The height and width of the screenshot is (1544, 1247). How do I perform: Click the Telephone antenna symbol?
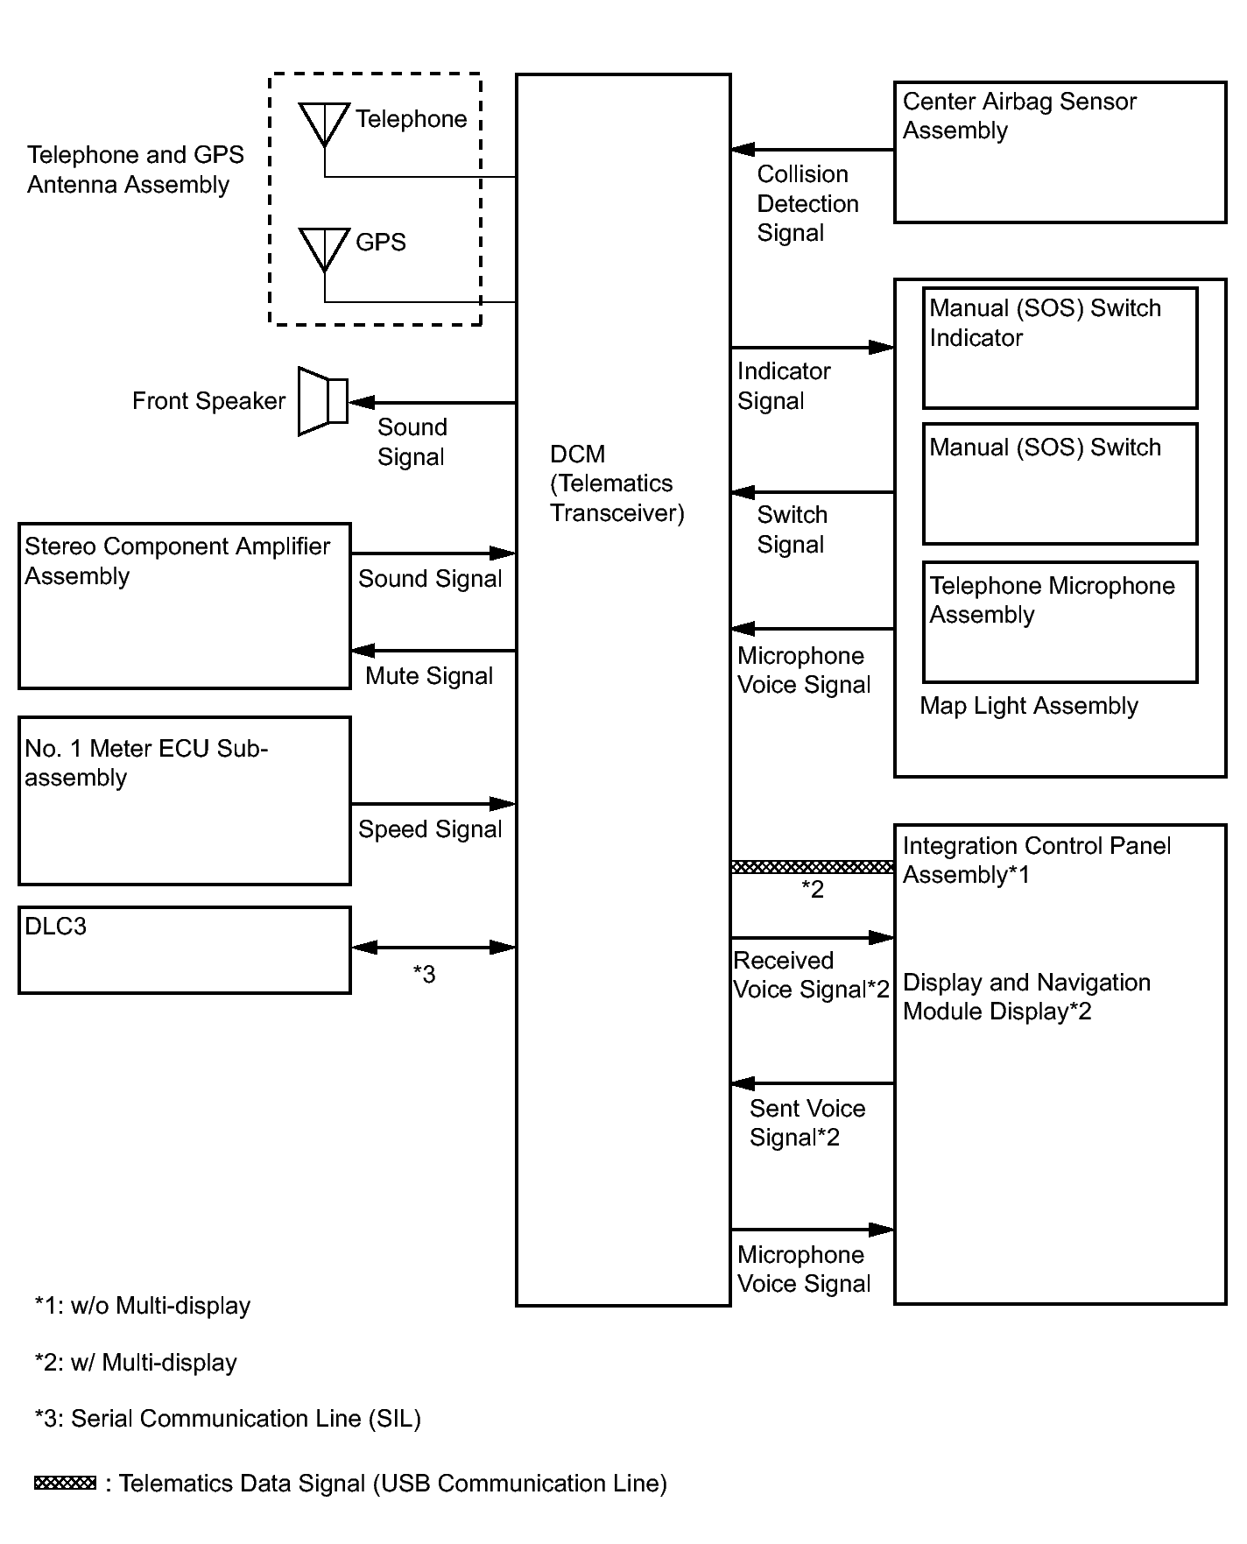pos(324,123)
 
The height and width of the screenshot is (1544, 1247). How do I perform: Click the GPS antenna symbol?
pos(324,248)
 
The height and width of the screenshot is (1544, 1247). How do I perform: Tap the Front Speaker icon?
pos(323,401)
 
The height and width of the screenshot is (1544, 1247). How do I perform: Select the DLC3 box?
pos(185,950)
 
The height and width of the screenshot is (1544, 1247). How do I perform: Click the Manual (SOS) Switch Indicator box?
pos(1060,349)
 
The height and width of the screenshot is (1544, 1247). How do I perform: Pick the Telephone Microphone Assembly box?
pos(1060,622)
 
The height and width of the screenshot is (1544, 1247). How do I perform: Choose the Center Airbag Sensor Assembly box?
pos(1060,152)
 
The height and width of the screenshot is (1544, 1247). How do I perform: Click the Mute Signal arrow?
pos(433,651)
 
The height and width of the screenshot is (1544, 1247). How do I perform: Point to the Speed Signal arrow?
pos(433,804)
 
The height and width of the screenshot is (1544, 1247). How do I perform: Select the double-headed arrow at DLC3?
pos(433,948)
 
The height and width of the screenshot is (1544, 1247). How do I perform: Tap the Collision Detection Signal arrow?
pos(812,150)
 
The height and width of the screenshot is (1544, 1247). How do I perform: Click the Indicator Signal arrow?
pos(812,348)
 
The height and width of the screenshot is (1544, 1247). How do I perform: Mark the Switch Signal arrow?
pos(812,492)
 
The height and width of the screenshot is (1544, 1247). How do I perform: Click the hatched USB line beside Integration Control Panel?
pos(812,867)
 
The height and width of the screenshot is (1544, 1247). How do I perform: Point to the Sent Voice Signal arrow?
pos(812,1083)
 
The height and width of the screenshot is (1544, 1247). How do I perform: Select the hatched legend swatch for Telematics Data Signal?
pos(65,1483)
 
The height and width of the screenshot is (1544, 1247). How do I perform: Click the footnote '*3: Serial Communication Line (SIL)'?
pos(228,1419)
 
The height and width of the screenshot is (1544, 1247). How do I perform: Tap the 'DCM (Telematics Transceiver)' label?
pos(616,483)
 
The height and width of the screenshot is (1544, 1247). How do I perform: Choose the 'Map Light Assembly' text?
pos(1029,706)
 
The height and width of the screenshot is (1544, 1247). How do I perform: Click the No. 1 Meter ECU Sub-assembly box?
pos(185,801)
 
